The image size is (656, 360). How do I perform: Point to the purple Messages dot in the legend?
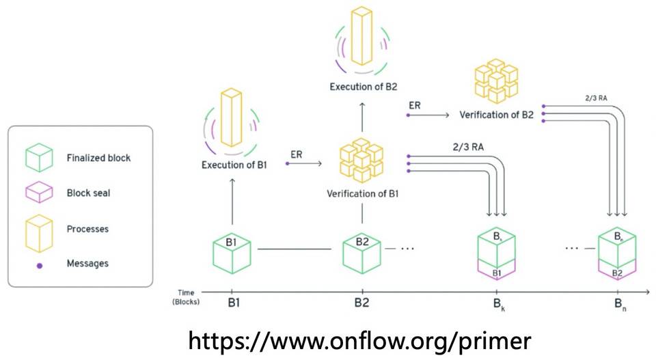[40, 264]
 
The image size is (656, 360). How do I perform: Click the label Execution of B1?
[233, 165]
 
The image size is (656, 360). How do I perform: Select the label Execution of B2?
[363, 87]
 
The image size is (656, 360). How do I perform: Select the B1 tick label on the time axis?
[232, 301]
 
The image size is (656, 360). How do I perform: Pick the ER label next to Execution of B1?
[296, 155]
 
